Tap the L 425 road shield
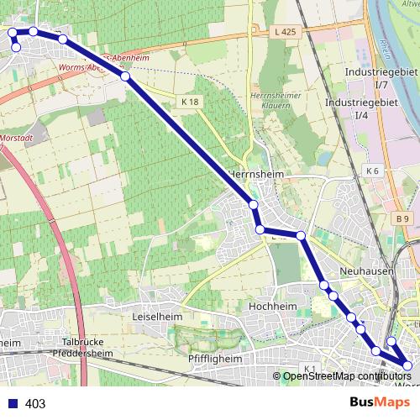point(286,32)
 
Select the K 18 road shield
point(191,102)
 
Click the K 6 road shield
point(373,171)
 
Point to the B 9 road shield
point(404,219)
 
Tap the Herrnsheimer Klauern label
point(276,100)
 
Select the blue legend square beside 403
point(12,403)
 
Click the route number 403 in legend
point(35,403)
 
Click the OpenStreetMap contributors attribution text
point(346,375)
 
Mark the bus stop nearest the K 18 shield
point(125,76)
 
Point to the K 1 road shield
point(309,369)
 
